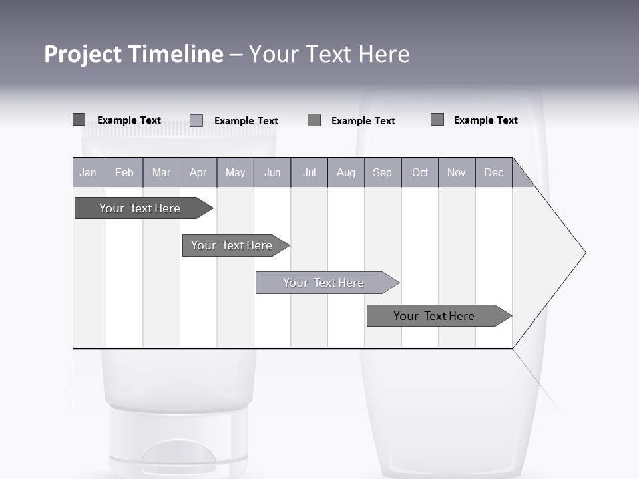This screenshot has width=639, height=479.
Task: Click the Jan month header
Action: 88,173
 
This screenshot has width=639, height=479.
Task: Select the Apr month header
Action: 198,173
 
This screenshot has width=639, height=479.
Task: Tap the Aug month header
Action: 345,173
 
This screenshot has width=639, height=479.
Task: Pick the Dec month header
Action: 493,173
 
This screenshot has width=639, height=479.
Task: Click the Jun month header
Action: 272,173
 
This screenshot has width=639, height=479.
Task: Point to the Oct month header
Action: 420,173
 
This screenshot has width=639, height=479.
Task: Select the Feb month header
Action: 124,173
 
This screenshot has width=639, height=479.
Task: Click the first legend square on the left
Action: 79,120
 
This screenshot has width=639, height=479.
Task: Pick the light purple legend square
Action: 196,120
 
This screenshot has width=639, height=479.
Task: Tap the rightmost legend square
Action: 437,120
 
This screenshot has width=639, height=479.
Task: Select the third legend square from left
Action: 314,120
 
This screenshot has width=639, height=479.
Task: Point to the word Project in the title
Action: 82,54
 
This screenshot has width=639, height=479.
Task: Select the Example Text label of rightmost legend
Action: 485,120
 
